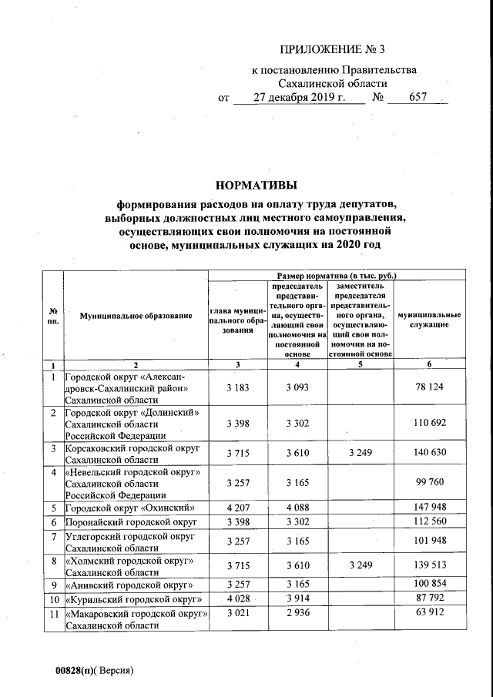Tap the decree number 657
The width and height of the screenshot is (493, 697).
click(x=418, y=98)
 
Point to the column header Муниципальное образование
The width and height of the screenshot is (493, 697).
click(x=135, y=317)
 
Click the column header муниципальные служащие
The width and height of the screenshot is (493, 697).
click(x=429, y=320)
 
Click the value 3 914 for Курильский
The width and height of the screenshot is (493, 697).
click(x=297, y=599)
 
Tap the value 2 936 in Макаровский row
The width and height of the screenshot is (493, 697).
click(x=297, y=613)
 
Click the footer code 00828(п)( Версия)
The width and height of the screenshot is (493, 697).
click(x=89, y=670)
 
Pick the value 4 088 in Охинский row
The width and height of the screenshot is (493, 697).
click(x=297, y=508)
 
